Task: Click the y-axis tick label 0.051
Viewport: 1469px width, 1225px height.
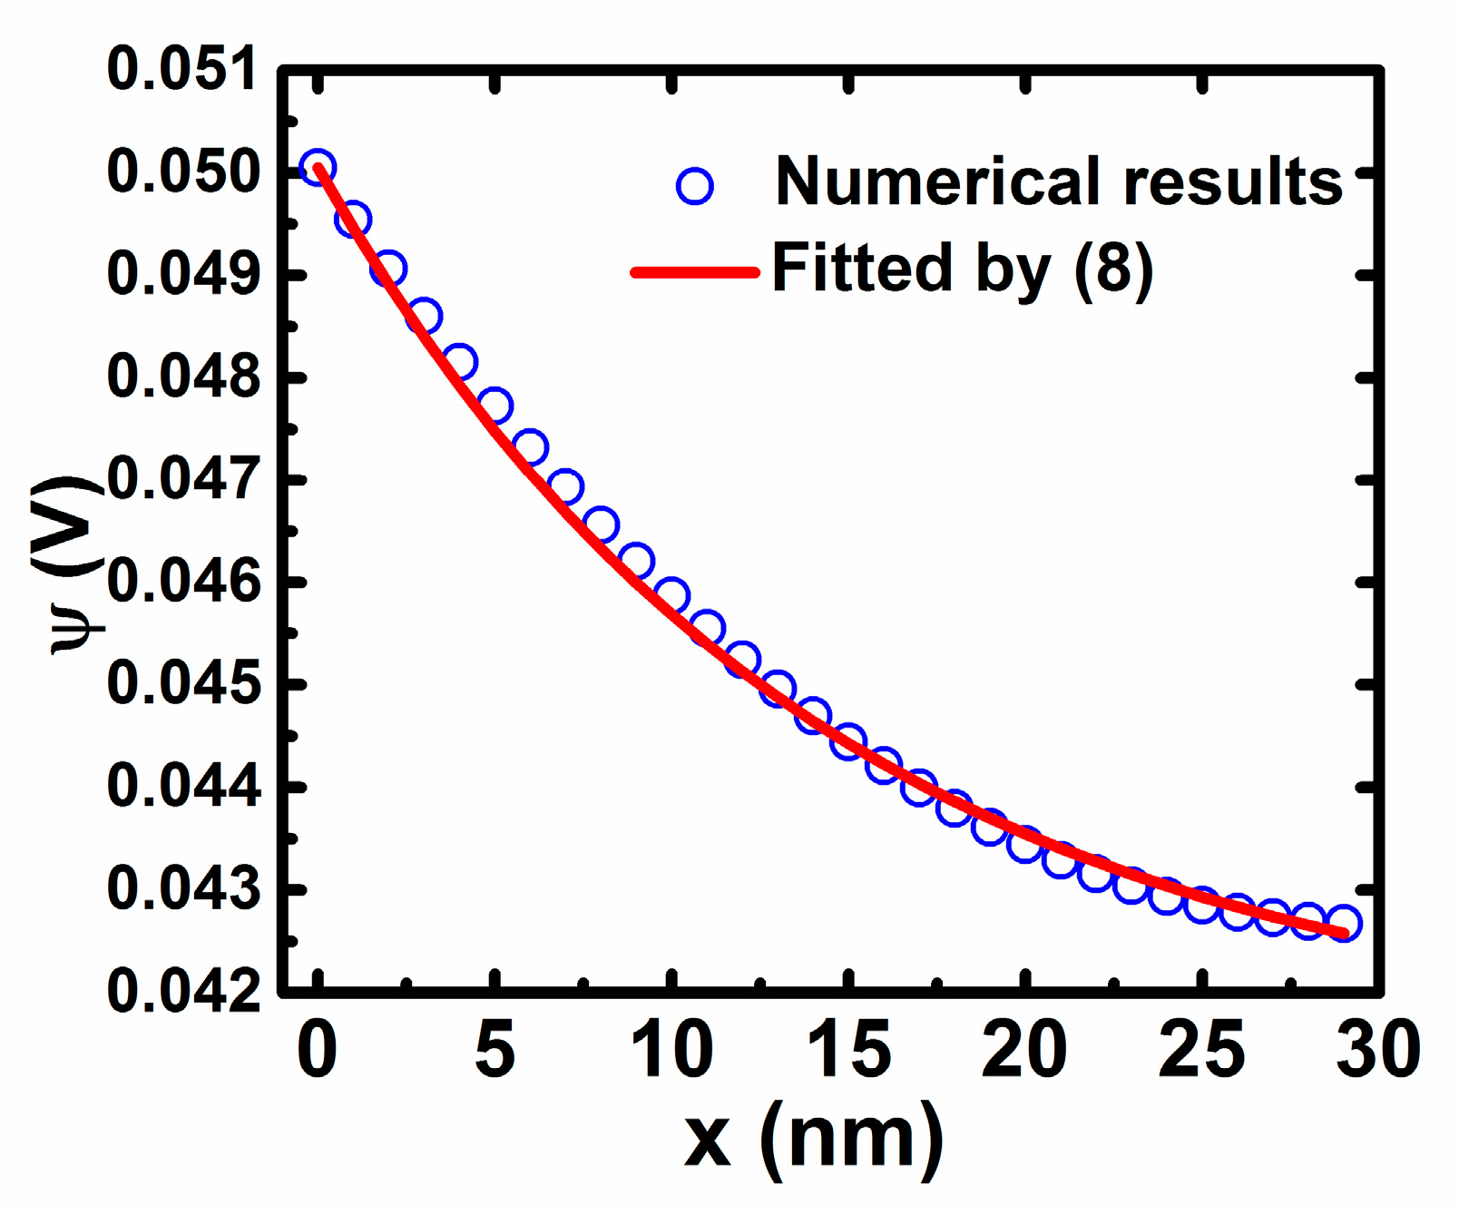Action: point(181,70)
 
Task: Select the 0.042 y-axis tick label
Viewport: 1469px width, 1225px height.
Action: point(181,990)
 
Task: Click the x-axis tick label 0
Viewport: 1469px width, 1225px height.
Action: point(317,1050)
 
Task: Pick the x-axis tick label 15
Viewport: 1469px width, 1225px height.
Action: point(848,1050)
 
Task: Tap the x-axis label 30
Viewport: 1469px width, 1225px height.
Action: point(1378,1050)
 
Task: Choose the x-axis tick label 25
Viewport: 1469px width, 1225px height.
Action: point(1201,1050)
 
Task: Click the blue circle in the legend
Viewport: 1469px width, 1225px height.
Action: point(695,187)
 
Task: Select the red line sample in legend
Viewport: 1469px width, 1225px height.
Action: point(695,271)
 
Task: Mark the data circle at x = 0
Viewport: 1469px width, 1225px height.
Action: point(318,168)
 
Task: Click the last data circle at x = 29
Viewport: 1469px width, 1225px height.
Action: point(1343,923)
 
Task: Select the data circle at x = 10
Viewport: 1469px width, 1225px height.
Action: point(671,596)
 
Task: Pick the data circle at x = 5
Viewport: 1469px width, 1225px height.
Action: point(495,406)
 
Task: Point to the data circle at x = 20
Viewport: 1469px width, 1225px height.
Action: point(1025,844)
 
